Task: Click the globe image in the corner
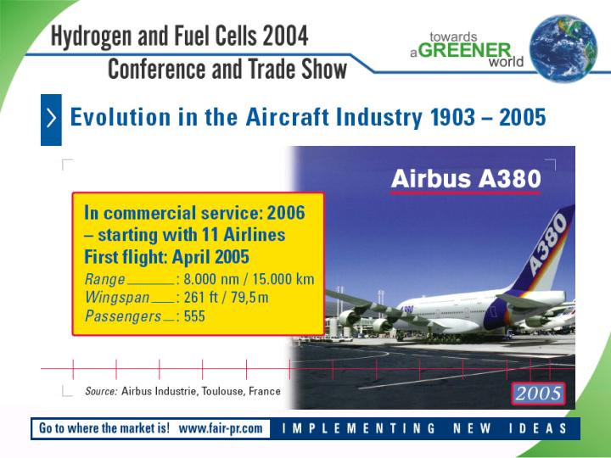click(x=563, y=48)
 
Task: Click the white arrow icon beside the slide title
click(x=51, y=119)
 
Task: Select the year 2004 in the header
click(x=286, y=36)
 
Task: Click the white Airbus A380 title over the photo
click(x=466, y=179)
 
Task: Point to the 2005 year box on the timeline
click(x=538, y=394)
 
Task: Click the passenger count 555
click(x=194, y=316)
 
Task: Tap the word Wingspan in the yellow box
click(x=117, y=297)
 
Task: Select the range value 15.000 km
click(x=283, y=279)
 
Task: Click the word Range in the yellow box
click(x=105, y=279)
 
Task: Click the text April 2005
click(x=210, y=257)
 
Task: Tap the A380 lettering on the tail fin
click(x=547, y=245)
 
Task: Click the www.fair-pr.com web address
click(x=221, y=428)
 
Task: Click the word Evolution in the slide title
click(x=121, y=117)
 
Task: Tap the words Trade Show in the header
click(x=297, y=69)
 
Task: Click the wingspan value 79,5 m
click(x=249, y=297)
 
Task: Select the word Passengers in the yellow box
click(x=123, y=316)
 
